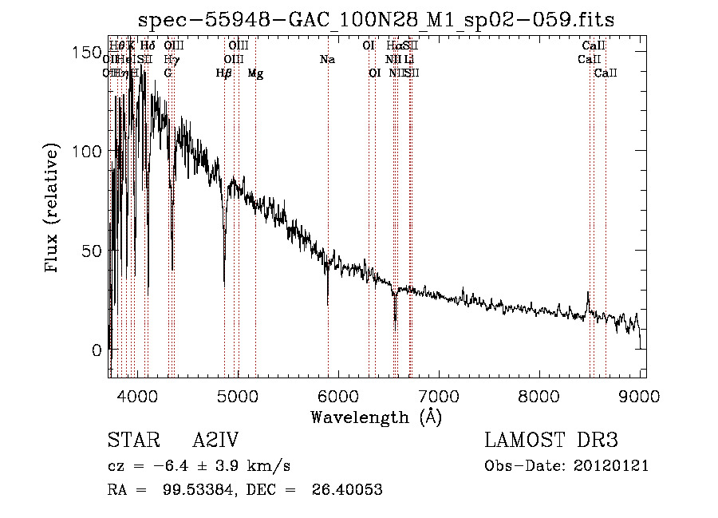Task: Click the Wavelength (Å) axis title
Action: (376, 416)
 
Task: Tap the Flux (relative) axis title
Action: (53, 209)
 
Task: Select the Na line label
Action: (327, 60)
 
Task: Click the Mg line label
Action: (255, 73)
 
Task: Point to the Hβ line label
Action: (224, 73)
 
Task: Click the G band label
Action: (168, 73)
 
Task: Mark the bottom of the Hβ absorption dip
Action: (224, 281)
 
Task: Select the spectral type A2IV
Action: (215, 440)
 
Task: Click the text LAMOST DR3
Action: (551, 440)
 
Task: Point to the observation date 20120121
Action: (613, 465)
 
